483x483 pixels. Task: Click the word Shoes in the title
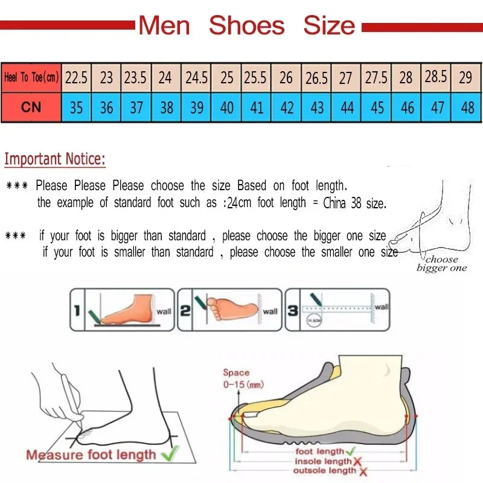click(246, 25)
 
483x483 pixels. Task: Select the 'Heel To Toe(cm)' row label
click(31, 77)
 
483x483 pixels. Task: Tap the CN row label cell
click(31, 107)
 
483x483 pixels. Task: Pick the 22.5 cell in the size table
click(76, 77)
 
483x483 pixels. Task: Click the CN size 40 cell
click(227, 107)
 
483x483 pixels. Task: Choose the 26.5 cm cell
click(316, 78)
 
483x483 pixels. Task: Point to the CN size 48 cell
click(467, 107)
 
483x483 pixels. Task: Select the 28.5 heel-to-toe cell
click(436, 77)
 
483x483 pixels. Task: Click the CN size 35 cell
click(76, 107)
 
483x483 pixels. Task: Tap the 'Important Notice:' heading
click(55, 159)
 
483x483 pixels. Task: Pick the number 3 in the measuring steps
click(292, 311)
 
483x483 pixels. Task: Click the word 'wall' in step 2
click(270, 312)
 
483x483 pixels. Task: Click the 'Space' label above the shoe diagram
click(235, 373)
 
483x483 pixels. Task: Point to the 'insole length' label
click(322, 462)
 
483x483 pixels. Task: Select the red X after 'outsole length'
click(363, 472)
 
